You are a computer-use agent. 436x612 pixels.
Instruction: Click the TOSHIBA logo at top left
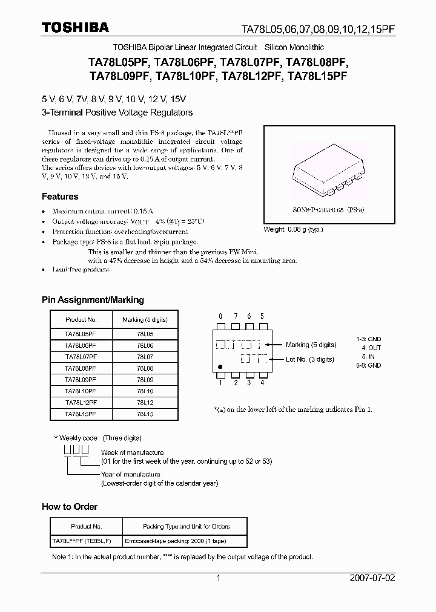click(x=75, y=27)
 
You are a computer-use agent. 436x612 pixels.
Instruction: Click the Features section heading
click(x=60, y=197)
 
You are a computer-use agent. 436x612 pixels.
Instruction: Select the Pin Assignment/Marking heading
click(x=93, y=300)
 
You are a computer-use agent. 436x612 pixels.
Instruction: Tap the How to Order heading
click(x=70, y=507)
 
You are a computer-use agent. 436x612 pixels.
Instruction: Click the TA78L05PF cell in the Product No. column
click(x=81, y=333)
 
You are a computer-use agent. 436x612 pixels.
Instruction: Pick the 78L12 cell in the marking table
click(x=145, y=402)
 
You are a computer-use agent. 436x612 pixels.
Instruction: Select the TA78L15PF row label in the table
click(x=81, y=414)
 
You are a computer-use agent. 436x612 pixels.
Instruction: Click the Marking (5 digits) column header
click(x=145, y=319)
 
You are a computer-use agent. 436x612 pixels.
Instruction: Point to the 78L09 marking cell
click(x=145, y=379)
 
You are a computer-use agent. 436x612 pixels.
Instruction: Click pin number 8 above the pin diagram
click(x=221, y=316)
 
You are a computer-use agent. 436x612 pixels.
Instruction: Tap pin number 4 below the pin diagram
click(x=262, y=382)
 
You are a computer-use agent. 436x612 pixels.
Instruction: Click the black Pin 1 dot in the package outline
click(x=220, y=366)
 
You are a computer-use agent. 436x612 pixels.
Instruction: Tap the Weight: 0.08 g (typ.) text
click(x=294, y=229)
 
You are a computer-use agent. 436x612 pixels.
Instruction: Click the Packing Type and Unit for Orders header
click(x=187, y=526)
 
